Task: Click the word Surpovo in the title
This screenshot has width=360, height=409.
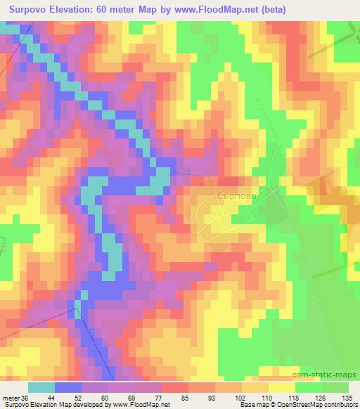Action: click(x=31, y=10)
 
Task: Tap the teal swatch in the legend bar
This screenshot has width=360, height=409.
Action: click(x=41, y=387)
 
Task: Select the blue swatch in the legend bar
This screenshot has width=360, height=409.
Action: click(x=68, y=387)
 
